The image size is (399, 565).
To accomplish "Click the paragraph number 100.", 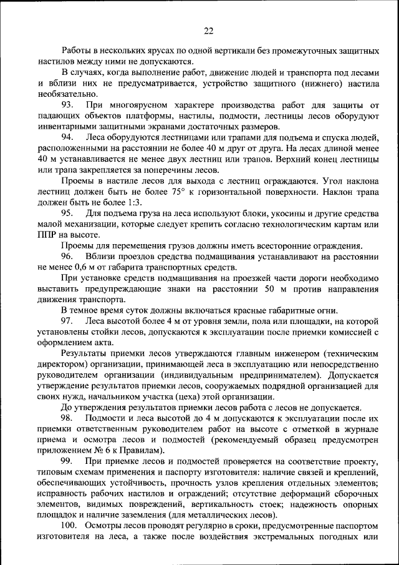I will (69, 526).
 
